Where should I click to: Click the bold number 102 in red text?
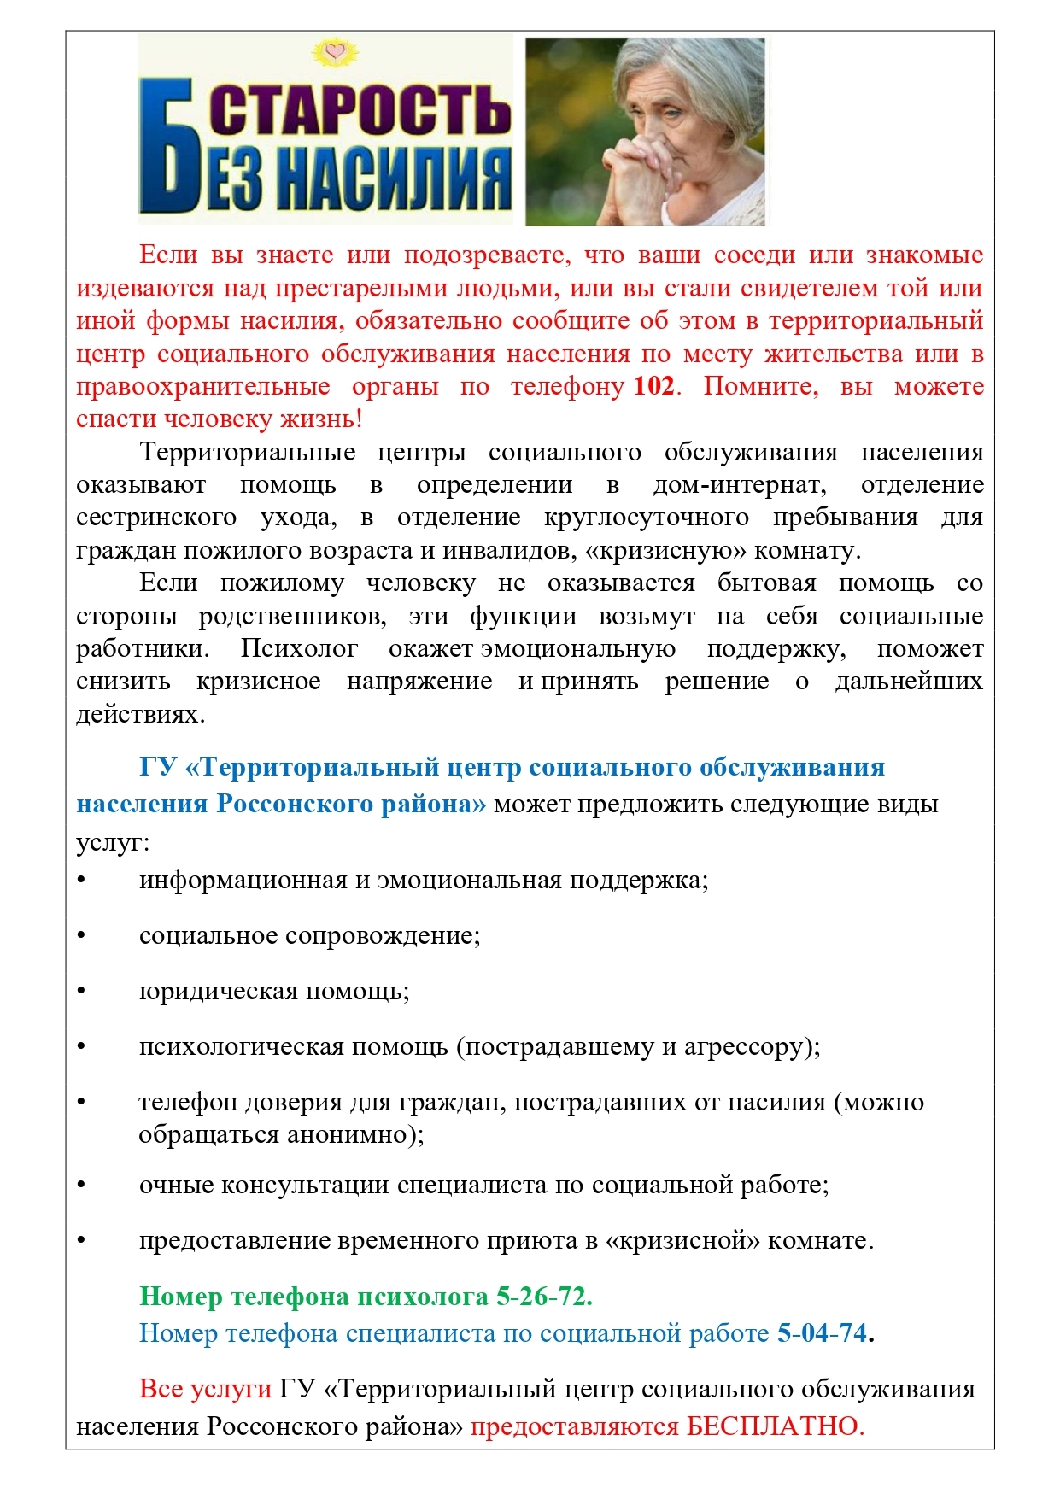[653, 386]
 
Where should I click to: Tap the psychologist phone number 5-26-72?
[544, 1296]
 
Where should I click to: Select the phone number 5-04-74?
[822, 1332]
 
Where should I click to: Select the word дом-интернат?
[739, 484]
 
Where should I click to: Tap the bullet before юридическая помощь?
[82, 991]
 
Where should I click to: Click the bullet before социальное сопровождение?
[82, 935]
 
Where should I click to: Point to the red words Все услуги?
[205, 1389]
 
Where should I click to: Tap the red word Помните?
[760, 386]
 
